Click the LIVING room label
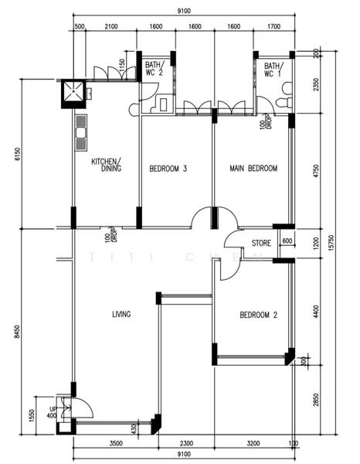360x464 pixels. pos(121,314)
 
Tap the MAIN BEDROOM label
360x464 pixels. pos(253,168)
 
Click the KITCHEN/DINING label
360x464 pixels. pos(107,165)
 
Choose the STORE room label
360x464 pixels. pos(261,243)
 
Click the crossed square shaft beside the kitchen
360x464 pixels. pos(73,93)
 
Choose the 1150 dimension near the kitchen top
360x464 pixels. pos(122,67)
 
